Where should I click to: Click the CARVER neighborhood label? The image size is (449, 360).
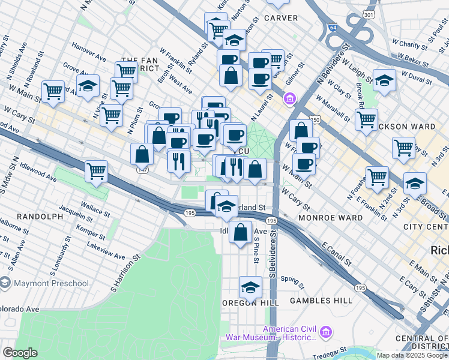pos(280,19)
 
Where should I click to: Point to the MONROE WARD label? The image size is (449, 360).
pos(330,217)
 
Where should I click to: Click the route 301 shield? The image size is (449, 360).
pos(369,14)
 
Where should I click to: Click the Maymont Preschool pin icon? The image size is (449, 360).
pos(5,281)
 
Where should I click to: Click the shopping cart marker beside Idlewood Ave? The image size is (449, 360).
pos(96,171)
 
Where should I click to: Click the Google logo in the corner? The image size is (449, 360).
pos(20,352)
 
